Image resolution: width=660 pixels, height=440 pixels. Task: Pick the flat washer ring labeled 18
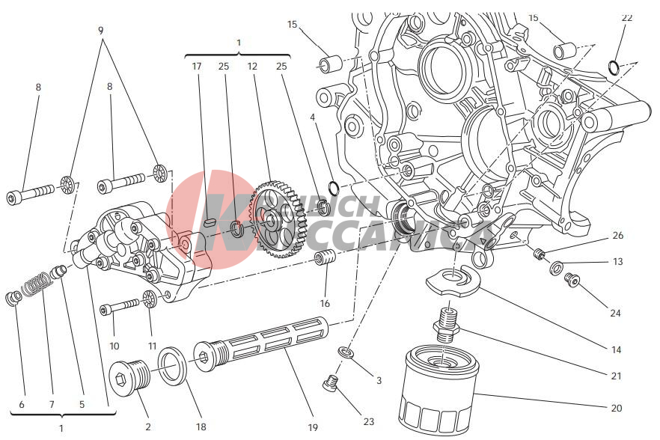click(173, 364)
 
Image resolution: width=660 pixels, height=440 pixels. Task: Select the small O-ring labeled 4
click(334, 186)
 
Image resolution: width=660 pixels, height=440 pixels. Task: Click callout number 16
click(325, 304)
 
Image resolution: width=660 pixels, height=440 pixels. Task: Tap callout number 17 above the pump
click(197, 67)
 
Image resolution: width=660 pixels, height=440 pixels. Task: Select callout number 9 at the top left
click(100, 31)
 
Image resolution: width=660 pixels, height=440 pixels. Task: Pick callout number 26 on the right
click(617, 235)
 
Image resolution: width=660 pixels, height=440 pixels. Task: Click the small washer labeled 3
click(345, 352)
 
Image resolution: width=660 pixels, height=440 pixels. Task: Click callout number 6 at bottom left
click(21, 405)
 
